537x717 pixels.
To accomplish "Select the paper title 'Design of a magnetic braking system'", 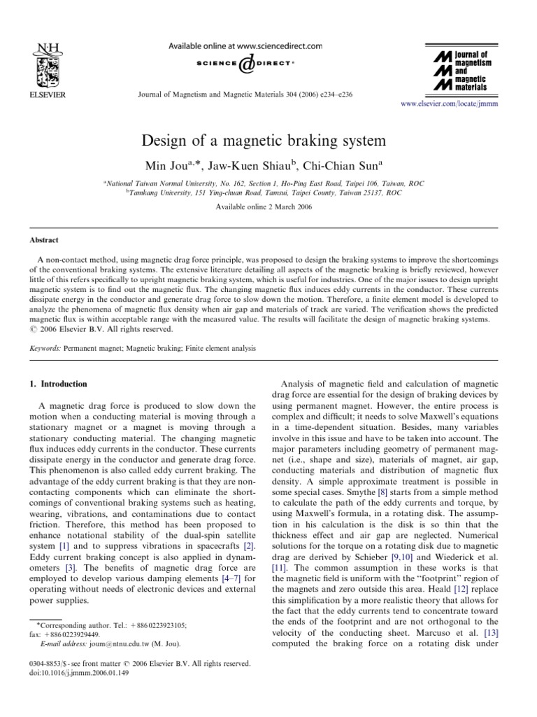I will click(x=268, y=141).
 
